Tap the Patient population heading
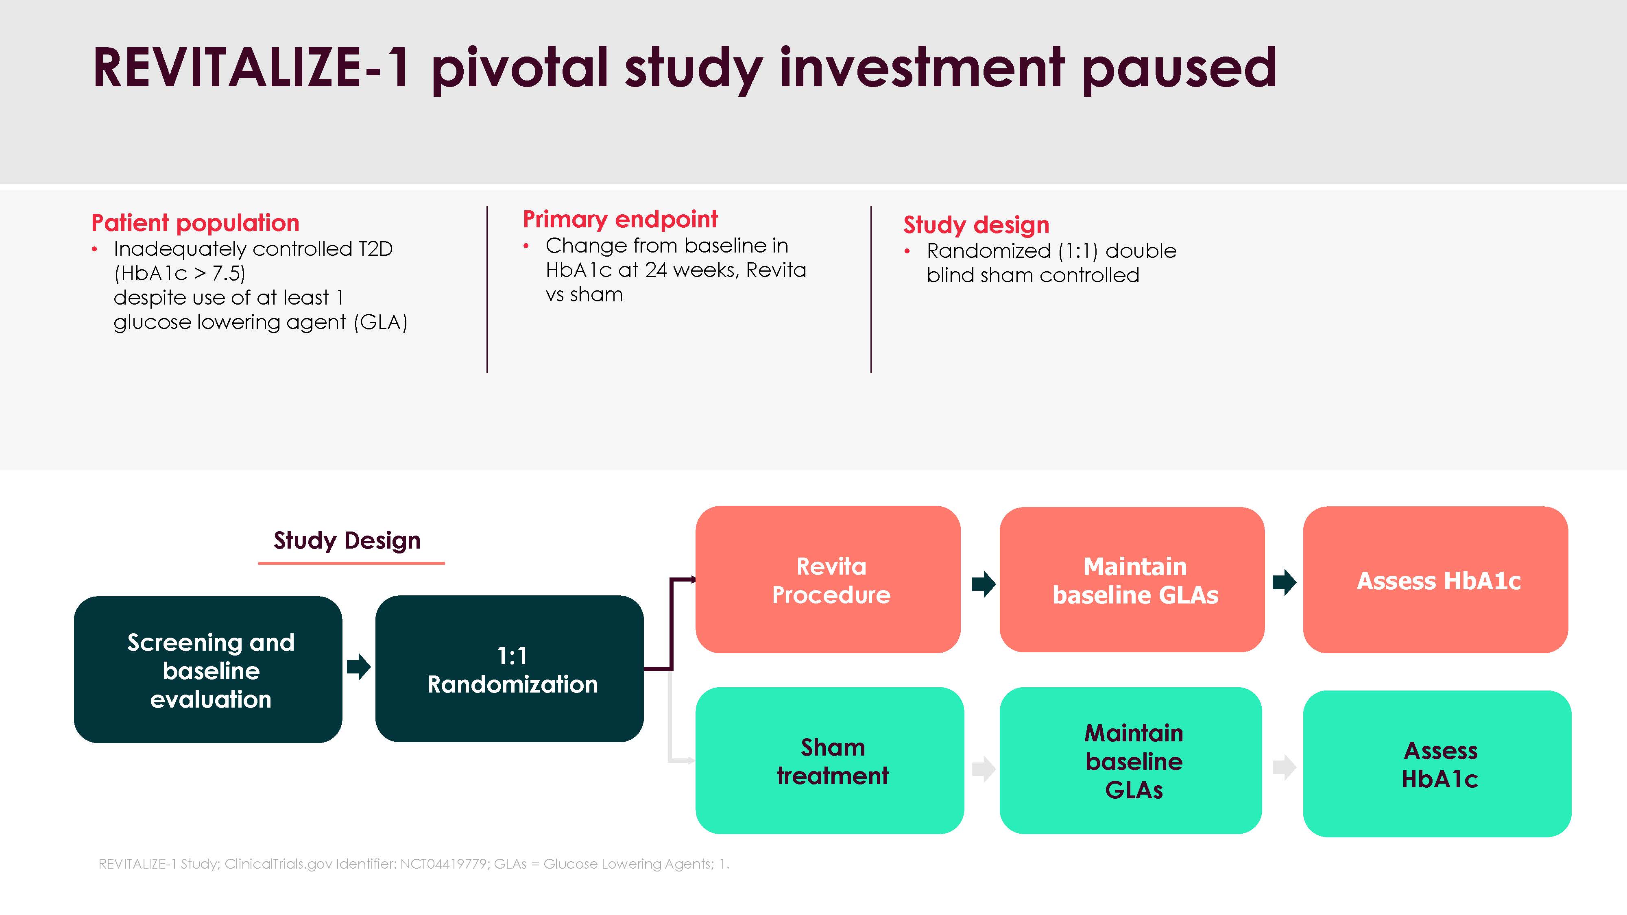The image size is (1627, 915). pos(195,223)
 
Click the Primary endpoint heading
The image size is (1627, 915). pos(620,220)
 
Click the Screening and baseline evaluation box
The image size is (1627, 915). pos(208,669)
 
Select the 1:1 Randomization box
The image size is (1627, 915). pos(510,669)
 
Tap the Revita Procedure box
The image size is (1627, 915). pos(828,579)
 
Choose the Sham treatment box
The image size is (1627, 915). pos(829,760)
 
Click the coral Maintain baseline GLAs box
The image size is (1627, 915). pos(1132,579)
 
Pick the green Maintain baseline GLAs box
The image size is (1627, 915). pos(1131,760)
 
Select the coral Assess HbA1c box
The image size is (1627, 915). pos(1436,579)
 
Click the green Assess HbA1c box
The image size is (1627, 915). pos(1437,763)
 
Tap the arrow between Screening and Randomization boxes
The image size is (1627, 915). pos(359,667)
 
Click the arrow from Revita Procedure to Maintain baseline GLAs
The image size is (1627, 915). pos(984,584)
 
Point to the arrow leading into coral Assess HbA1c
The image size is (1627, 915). pos(1285,582)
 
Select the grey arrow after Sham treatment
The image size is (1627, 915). pos(984,769)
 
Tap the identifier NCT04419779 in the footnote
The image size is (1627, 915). pos(443,864)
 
